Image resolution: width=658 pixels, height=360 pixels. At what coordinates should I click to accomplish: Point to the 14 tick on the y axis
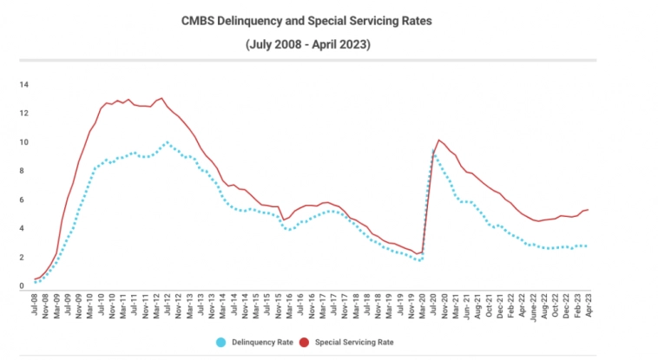point(25,84)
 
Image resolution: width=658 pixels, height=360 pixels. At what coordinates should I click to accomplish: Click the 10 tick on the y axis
point(25,142)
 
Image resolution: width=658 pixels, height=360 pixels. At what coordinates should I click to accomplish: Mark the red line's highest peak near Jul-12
point(161,98)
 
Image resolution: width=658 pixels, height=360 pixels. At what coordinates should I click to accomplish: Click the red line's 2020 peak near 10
point(439,140)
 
